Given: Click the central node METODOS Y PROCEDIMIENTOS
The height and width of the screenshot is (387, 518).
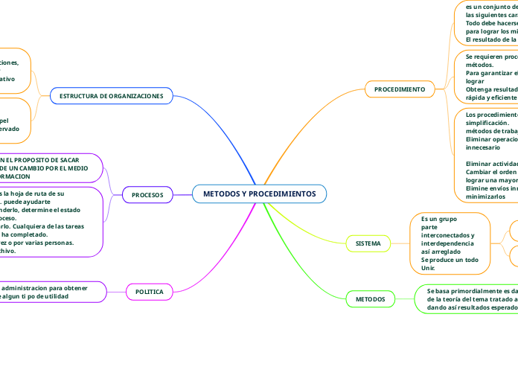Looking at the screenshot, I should (x=259, y=194).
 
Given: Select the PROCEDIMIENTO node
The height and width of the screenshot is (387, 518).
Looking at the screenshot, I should (x=399, y=89).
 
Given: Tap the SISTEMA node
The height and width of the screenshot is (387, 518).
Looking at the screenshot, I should (x=368, y=243).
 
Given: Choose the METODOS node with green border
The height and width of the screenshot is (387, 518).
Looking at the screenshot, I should (x=370, y=298).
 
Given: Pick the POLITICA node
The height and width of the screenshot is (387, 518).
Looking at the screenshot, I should (x=149, y=291).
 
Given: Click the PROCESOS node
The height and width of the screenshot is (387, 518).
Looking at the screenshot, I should (x=147, y=194).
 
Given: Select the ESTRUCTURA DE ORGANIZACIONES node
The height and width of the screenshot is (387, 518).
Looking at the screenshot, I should (x=111, y=96).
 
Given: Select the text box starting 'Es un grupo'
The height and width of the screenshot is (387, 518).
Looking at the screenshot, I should (x=449, y=243).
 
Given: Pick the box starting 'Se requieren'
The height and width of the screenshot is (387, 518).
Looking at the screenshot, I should (x=488, y=77).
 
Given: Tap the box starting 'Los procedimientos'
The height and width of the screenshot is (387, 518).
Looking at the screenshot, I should (x=488, y=155).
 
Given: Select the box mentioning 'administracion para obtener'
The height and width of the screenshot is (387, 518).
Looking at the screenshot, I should (x=52, y=292).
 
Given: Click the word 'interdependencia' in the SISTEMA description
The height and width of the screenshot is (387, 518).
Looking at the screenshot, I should (x=447, y=243).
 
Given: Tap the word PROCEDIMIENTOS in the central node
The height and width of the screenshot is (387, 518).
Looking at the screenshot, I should (x=283, y=194).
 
